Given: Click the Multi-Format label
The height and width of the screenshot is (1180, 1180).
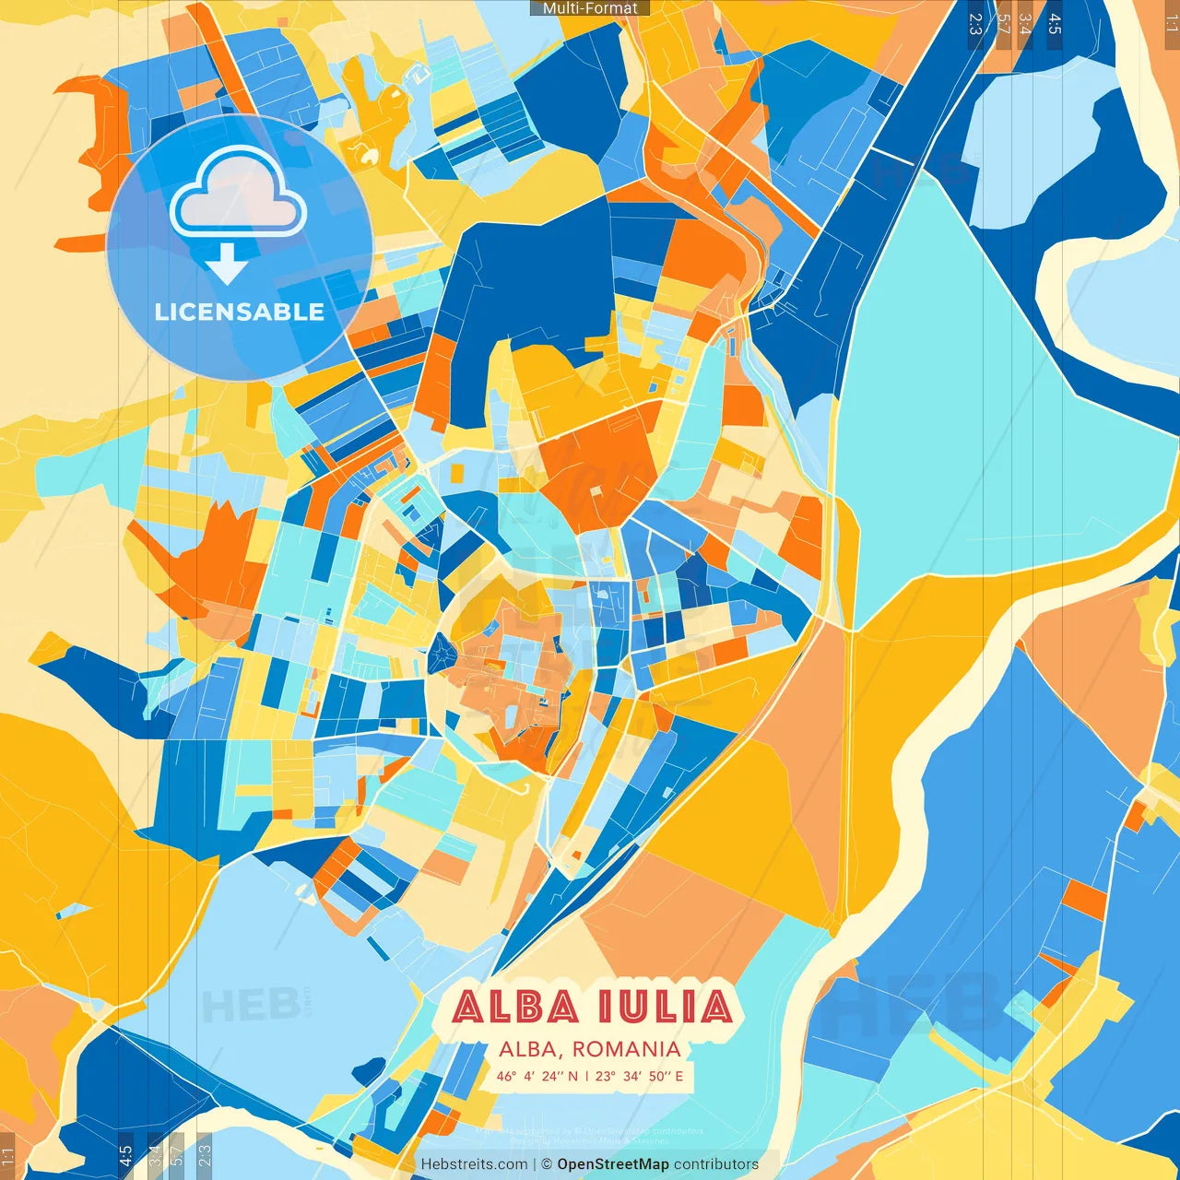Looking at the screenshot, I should tap(590, 8).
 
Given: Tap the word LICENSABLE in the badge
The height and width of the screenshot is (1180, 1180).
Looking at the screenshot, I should tap(240, 312).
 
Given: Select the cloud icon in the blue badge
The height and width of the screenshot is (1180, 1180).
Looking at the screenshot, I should tap(238, 194).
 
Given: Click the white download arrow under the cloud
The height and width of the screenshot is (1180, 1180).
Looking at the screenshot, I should tap(227, 265).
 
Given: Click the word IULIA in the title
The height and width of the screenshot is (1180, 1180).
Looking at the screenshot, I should tap(665, 1007).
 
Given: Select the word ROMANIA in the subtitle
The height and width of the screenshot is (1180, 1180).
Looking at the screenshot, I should tap(626, 1049).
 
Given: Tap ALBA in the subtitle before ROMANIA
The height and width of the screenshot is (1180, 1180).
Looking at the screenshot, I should tap(528, 1049).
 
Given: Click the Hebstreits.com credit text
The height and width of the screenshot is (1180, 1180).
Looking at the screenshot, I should tap(474, 1164).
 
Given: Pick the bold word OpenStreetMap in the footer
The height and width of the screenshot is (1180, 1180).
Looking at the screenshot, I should tap(613, 1164).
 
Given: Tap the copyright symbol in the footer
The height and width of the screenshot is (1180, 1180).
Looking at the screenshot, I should tap(547, 1164).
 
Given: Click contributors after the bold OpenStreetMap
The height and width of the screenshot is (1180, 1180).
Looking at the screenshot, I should tap(716, 1164).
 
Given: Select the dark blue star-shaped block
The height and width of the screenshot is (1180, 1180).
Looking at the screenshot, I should tap(442, 655).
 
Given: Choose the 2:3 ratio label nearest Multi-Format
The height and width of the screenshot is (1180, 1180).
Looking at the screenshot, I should tap(975, 23).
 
